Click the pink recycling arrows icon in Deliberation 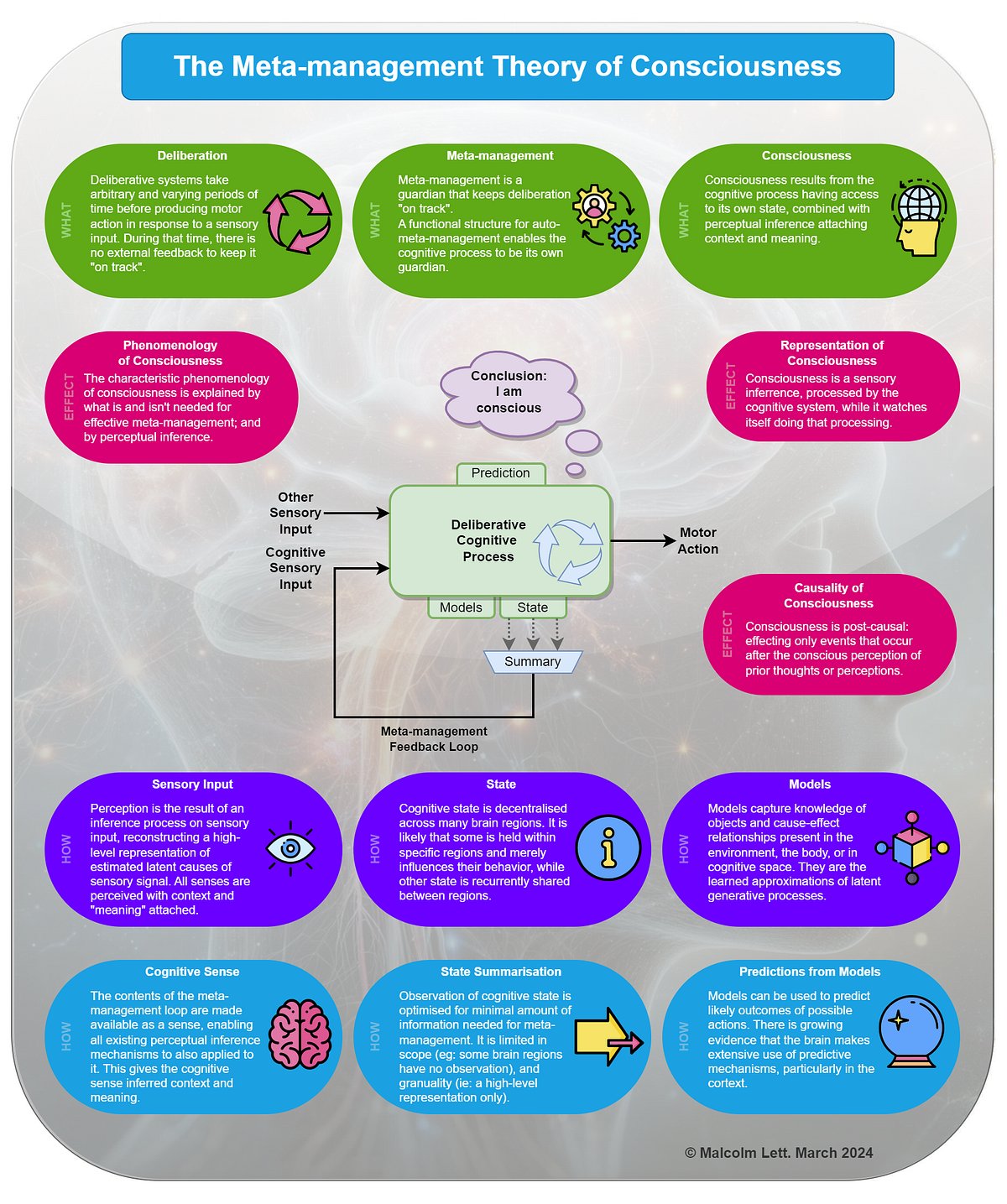[x=298, y=222]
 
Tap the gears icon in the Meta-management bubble [x=607, y=218]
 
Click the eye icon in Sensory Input [x=290, y=848]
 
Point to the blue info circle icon [x=608, y=847]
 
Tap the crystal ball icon [x=911, y=1032]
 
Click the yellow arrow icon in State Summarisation [x=608, y=1036]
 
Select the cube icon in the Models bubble [x=912, y=847]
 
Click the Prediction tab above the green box [x=501, y=473]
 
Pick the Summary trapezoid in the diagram [x=532, y=661]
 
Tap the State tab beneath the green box [x=532, y=607]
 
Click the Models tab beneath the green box [x=461, y=607]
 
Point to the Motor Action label [x=698, y=540]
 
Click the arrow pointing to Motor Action [x=643, y=540]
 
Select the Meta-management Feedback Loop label [x=434, y=738]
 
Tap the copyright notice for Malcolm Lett [x=779, y=1153]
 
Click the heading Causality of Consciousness [x=828, y=596]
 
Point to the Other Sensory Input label [x=295, y=513]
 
